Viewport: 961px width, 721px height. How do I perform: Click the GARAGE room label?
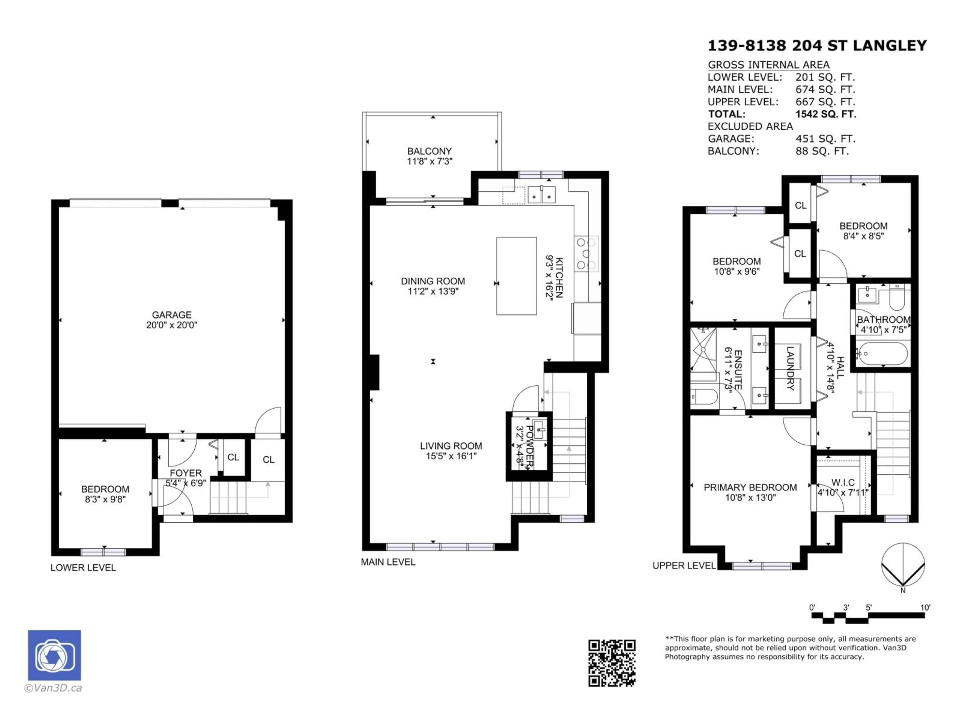tap(172, 315)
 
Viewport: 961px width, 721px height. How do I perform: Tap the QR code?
tap(612, 663)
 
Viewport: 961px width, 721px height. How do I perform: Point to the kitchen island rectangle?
tap(517, 276)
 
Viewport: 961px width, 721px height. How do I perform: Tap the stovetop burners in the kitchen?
tap(586, 254)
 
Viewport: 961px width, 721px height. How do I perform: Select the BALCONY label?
tap(429, 151)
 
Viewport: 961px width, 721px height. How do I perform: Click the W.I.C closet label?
tap(843, 482)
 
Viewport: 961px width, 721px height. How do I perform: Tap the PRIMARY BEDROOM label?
tap(750, 488)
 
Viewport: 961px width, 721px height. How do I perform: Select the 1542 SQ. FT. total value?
tap(825, 114)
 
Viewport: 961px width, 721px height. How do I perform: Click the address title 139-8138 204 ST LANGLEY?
tap(817, 46)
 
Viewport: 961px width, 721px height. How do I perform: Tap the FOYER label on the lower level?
tap(185, 473)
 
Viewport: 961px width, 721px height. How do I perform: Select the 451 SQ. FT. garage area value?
tap(825, 139)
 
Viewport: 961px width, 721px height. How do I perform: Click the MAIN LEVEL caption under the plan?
tap(388, 562)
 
